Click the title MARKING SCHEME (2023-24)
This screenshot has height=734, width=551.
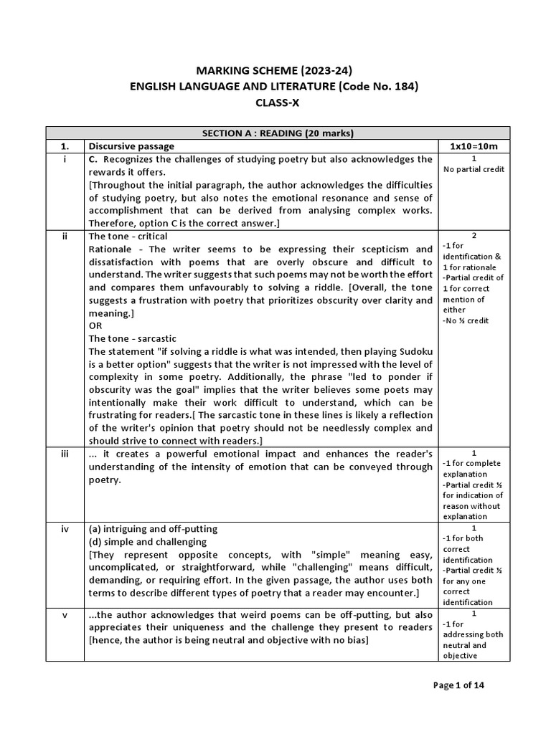tap(275, 70)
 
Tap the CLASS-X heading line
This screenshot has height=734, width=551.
tap(275, 103)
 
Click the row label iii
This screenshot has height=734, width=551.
tap(65, 454)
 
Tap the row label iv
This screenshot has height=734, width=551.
tap(65, 528)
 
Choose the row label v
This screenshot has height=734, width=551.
tap(65, 614)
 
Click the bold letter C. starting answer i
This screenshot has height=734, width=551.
tap(93, 158)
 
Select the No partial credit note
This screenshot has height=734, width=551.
tap(474, 169)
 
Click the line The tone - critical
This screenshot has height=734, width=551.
tap(128, 236)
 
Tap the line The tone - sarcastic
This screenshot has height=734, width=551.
tap(132, 338)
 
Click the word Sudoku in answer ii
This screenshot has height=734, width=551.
tap(413, 351)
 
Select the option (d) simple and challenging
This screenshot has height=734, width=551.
tap(147, 541)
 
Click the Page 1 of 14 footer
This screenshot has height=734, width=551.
tap(459, 685)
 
